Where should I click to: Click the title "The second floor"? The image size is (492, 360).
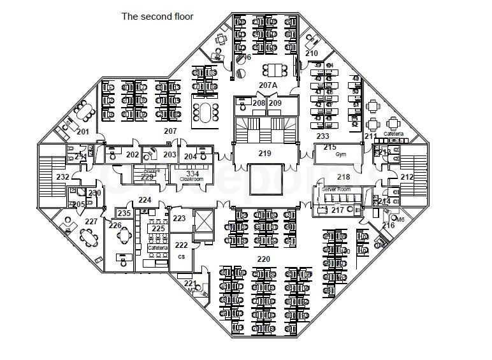[x=157, y=17]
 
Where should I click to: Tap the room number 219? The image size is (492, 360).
[x=265, y=154]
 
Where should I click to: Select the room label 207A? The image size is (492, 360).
[x=268, y=85]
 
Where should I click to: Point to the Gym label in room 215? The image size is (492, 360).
[x=331, y=155]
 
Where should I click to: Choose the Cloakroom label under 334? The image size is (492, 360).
[x=191, y=180]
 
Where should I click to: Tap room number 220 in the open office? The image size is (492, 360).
[x=263, y=259]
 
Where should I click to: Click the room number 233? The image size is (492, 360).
[x=323, y=136]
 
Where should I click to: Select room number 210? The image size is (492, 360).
[x=311, y=54]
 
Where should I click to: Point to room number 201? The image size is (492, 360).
[x=82, y=132]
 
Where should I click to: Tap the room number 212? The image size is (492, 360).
[x=407, y=177]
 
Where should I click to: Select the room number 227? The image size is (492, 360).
[x=91, y=222]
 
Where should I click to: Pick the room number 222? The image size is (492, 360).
[x=182, y=245]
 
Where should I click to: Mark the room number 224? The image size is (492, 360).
[x=145, y=200]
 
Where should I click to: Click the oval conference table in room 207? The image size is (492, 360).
[x=205, y=113]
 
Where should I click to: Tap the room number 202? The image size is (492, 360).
[x=132, y=155]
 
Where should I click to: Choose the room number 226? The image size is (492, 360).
[x=115, y=225]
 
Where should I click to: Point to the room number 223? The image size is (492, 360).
[x=179, y=219]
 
